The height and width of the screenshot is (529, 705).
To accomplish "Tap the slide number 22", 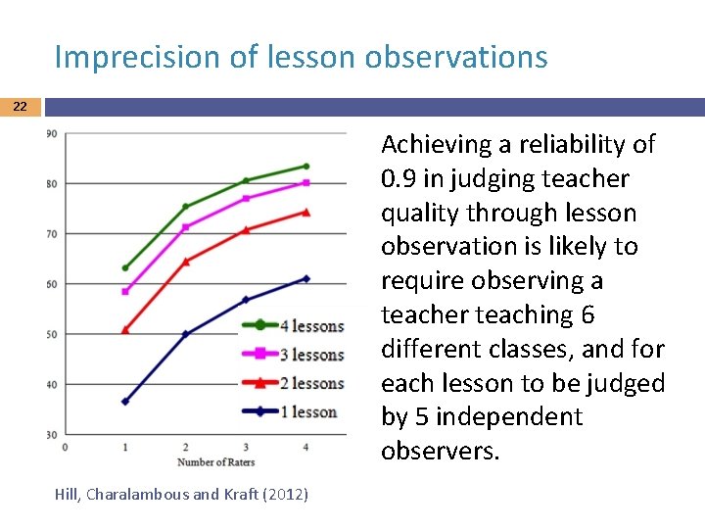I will click(21, 107).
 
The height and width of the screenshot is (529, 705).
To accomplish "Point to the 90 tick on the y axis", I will click(51, 134).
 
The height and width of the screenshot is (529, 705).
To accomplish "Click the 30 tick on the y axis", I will click(51, 434).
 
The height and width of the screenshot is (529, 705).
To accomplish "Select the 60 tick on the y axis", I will click(51, 284).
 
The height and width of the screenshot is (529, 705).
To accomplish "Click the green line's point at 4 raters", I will click(305, 167).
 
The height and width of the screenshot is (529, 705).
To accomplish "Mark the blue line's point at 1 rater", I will click(125, 402).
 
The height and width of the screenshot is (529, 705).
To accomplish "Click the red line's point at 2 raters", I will click(186, 261).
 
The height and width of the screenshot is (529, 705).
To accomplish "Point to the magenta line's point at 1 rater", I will click(125, 291).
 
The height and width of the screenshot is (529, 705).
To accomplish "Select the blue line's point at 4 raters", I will click(305, 278).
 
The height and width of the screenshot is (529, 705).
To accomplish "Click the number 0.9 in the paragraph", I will click(399, 179).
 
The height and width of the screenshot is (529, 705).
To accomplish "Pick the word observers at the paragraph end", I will click(438, 451).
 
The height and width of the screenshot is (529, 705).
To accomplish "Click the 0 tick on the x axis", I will click(65, 448).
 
